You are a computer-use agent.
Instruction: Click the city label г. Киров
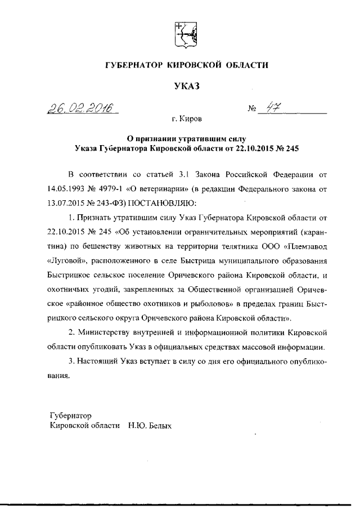(x=188, y=119)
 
